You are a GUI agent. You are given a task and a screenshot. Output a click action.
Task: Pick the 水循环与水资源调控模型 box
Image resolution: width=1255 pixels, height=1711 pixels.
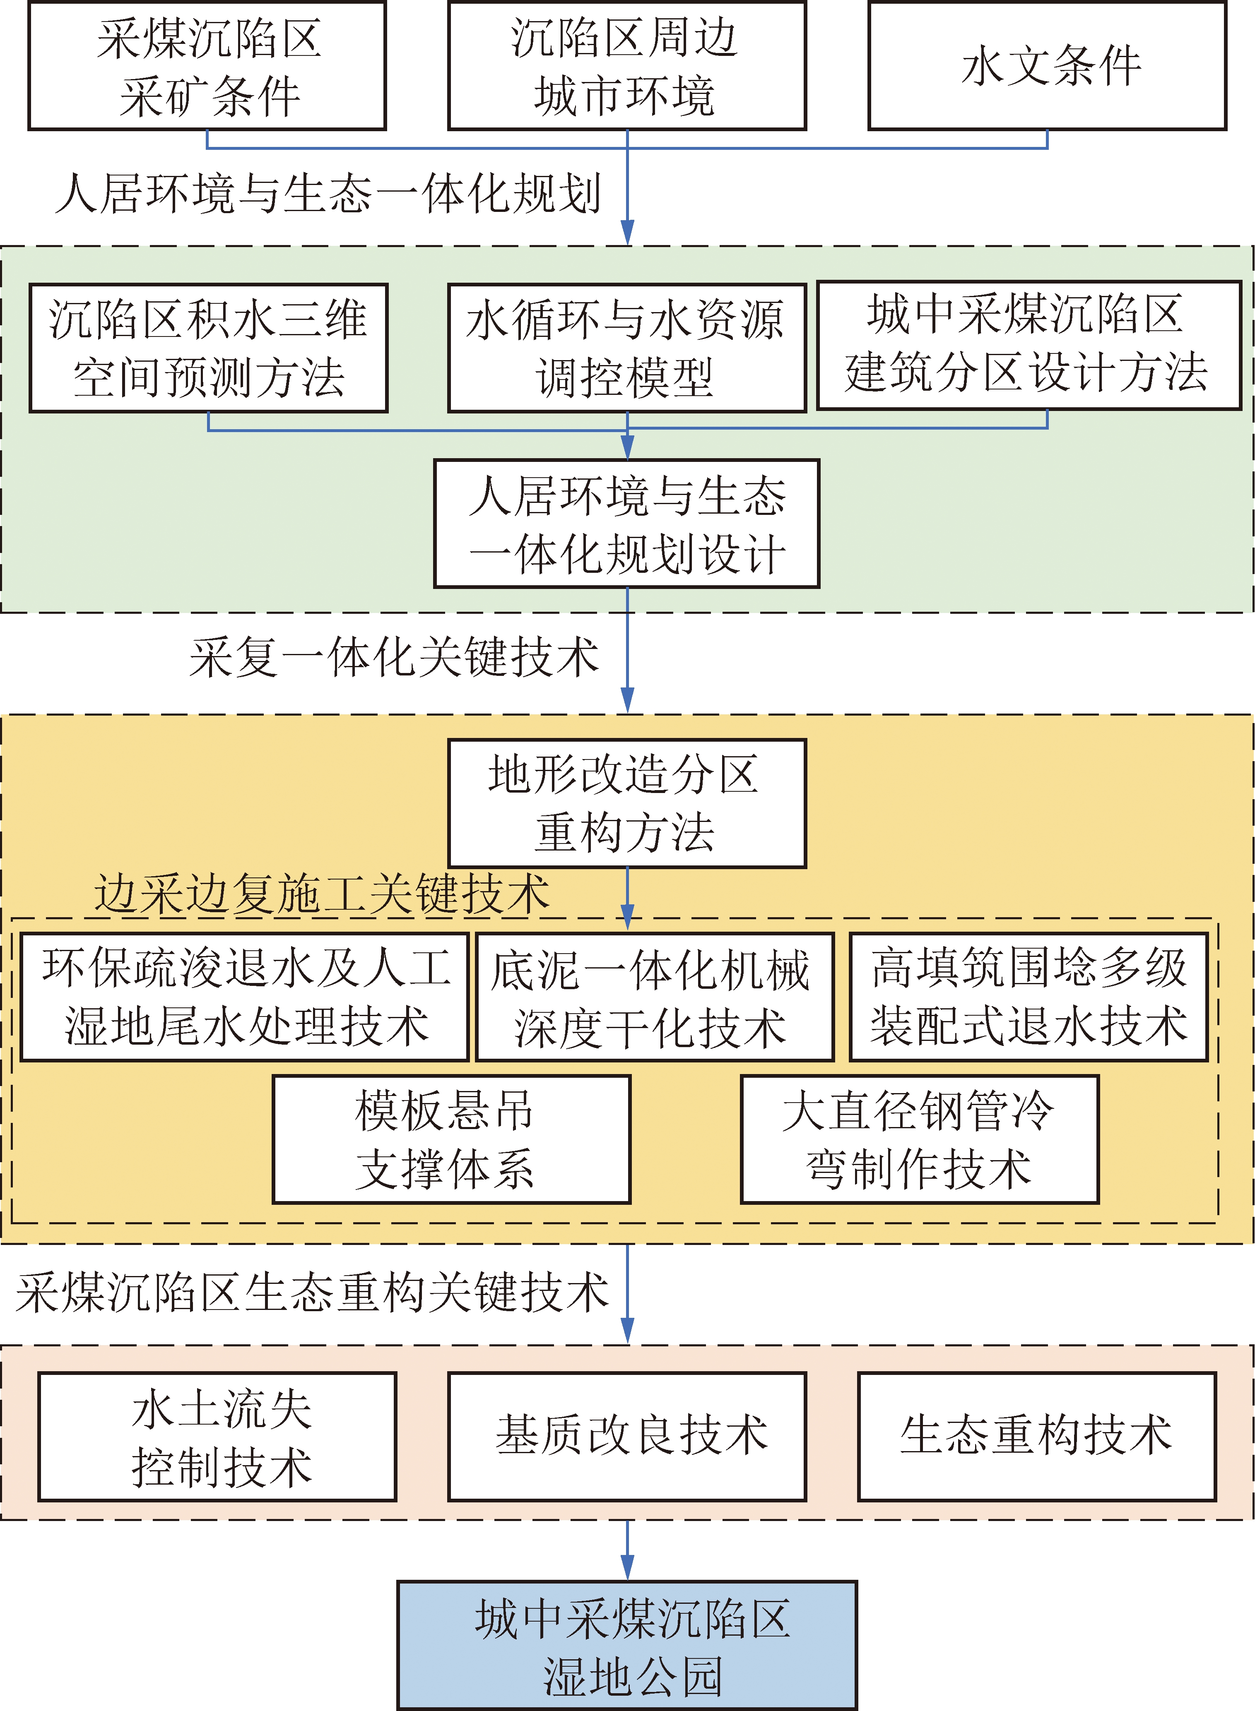point(627,348)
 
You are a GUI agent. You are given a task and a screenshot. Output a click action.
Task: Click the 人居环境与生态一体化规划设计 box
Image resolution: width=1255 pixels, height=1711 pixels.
point(627,523)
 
